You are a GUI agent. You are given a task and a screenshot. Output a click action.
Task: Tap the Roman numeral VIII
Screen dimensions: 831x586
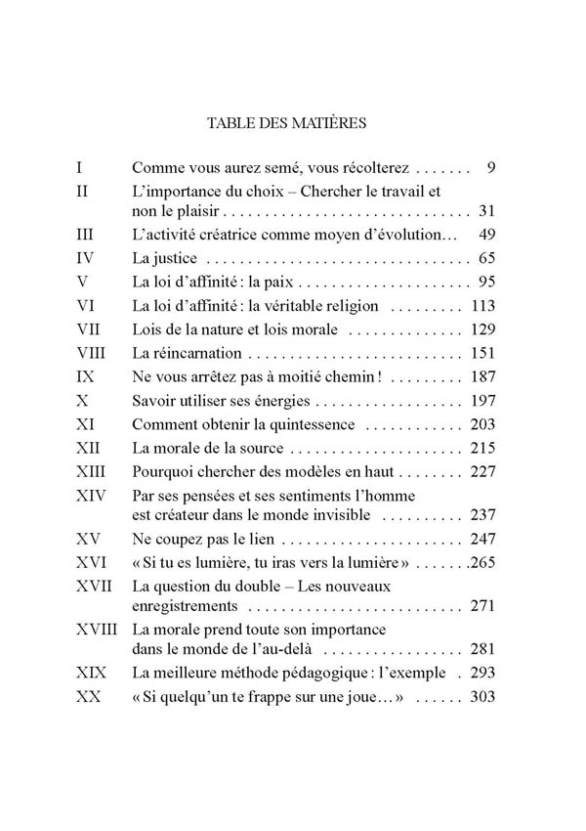tap(92, 353)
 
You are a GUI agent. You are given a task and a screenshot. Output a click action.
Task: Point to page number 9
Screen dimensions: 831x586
tap(491, 167)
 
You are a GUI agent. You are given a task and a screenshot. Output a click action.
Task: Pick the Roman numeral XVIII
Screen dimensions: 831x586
tap(100, 628)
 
